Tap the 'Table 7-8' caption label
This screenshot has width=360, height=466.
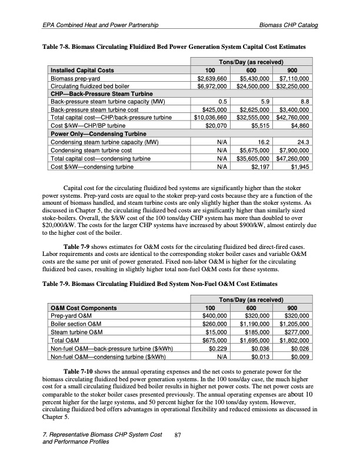pyautogui.click(x=59, y=46)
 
